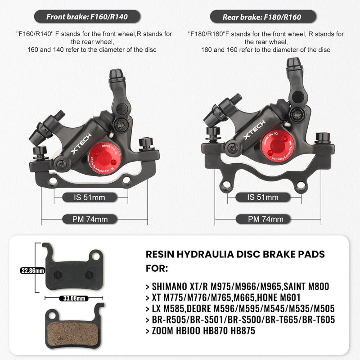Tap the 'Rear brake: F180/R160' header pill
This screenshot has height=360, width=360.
(262, 17)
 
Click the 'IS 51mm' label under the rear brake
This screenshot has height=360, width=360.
(263, 197)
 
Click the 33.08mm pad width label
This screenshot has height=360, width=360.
(74, 297)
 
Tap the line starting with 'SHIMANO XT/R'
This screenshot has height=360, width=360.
(238, 286)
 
